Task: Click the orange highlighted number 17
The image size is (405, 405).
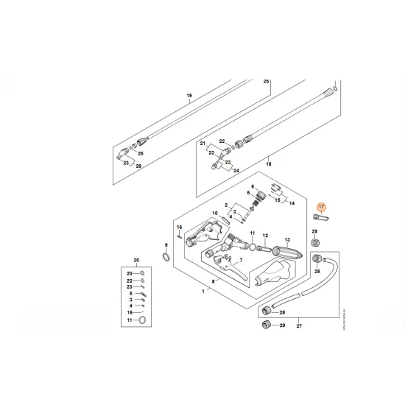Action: tap(320, 208)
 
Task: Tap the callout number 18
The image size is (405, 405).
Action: tap(269, 167)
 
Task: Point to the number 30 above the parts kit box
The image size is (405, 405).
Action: tap(135, 261)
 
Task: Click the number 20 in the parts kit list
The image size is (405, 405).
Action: tap(129, 274)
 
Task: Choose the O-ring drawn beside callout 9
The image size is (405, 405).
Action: tap(167, 257)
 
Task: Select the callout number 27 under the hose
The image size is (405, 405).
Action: tap(299, 324)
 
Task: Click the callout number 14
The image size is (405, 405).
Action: tap(289, 202)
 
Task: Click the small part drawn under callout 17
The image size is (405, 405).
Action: tap(321, 219)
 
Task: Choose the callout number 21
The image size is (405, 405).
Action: tap(202, 145)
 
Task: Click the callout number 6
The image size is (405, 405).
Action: tap(252, 187)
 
